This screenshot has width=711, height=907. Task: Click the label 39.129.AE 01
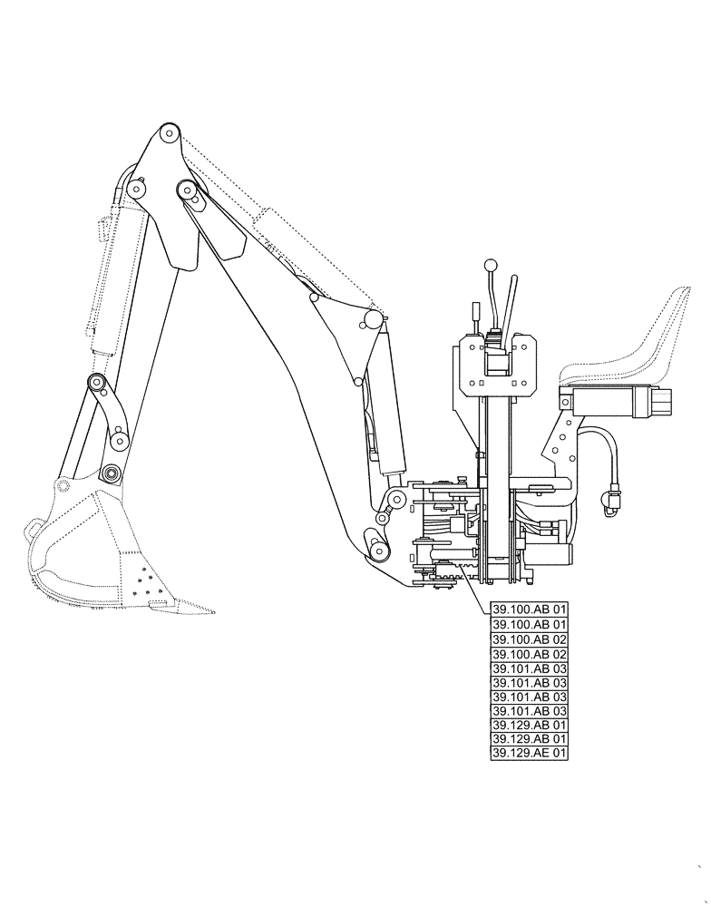529,753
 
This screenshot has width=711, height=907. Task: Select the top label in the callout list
529,610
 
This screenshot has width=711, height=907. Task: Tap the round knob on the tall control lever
491,266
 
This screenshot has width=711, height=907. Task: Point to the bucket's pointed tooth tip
213,611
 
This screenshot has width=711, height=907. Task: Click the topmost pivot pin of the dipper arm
169,133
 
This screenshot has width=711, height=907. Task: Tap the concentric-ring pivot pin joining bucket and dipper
110,473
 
